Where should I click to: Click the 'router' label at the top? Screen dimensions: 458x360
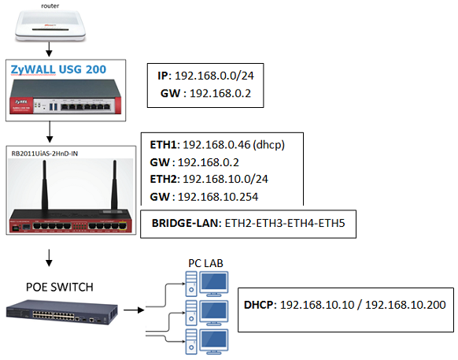tap(50, 6)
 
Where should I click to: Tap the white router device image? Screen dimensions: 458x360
tap(50, 26)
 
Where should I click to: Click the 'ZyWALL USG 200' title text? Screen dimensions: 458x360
tap(58, 69)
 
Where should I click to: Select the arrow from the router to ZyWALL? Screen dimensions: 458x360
tap(49, 49)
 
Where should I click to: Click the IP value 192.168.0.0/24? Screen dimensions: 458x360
tap(214, 76)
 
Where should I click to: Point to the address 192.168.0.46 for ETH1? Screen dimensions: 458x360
tap(216, 144)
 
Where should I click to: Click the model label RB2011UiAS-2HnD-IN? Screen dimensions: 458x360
tap(45, 154)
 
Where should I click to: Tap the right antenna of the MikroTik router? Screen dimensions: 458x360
tap(115, 185)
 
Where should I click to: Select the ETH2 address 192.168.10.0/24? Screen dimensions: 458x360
tap(225, 179)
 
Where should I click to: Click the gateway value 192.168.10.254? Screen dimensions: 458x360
tap(218, 197)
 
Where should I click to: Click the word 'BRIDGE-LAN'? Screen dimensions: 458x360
tap(185, 223)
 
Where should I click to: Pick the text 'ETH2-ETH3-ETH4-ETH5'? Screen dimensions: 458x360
tap(285, 223)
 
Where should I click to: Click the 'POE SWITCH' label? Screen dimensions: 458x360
tap(60, 288)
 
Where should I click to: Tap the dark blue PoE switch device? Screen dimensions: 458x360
tap(62, 312)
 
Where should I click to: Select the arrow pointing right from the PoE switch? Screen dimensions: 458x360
tap(134, 310)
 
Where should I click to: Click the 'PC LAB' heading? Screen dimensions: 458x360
tap(205, 263)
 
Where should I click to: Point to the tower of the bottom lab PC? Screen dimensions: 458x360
tap(191, 342)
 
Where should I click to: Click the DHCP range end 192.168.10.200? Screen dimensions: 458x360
tap(405, 305)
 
